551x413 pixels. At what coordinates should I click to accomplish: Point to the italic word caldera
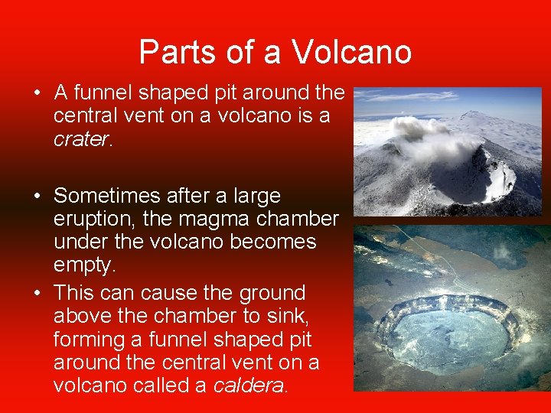[249, 385]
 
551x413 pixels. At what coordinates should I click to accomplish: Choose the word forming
[88, 339]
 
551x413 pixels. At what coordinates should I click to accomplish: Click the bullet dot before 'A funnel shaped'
[37, 94]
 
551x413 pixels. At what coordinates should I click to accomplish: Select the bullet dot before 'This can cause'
[37, 294]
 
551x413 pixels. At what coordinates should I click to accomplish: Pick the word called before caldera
[168, 385]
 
